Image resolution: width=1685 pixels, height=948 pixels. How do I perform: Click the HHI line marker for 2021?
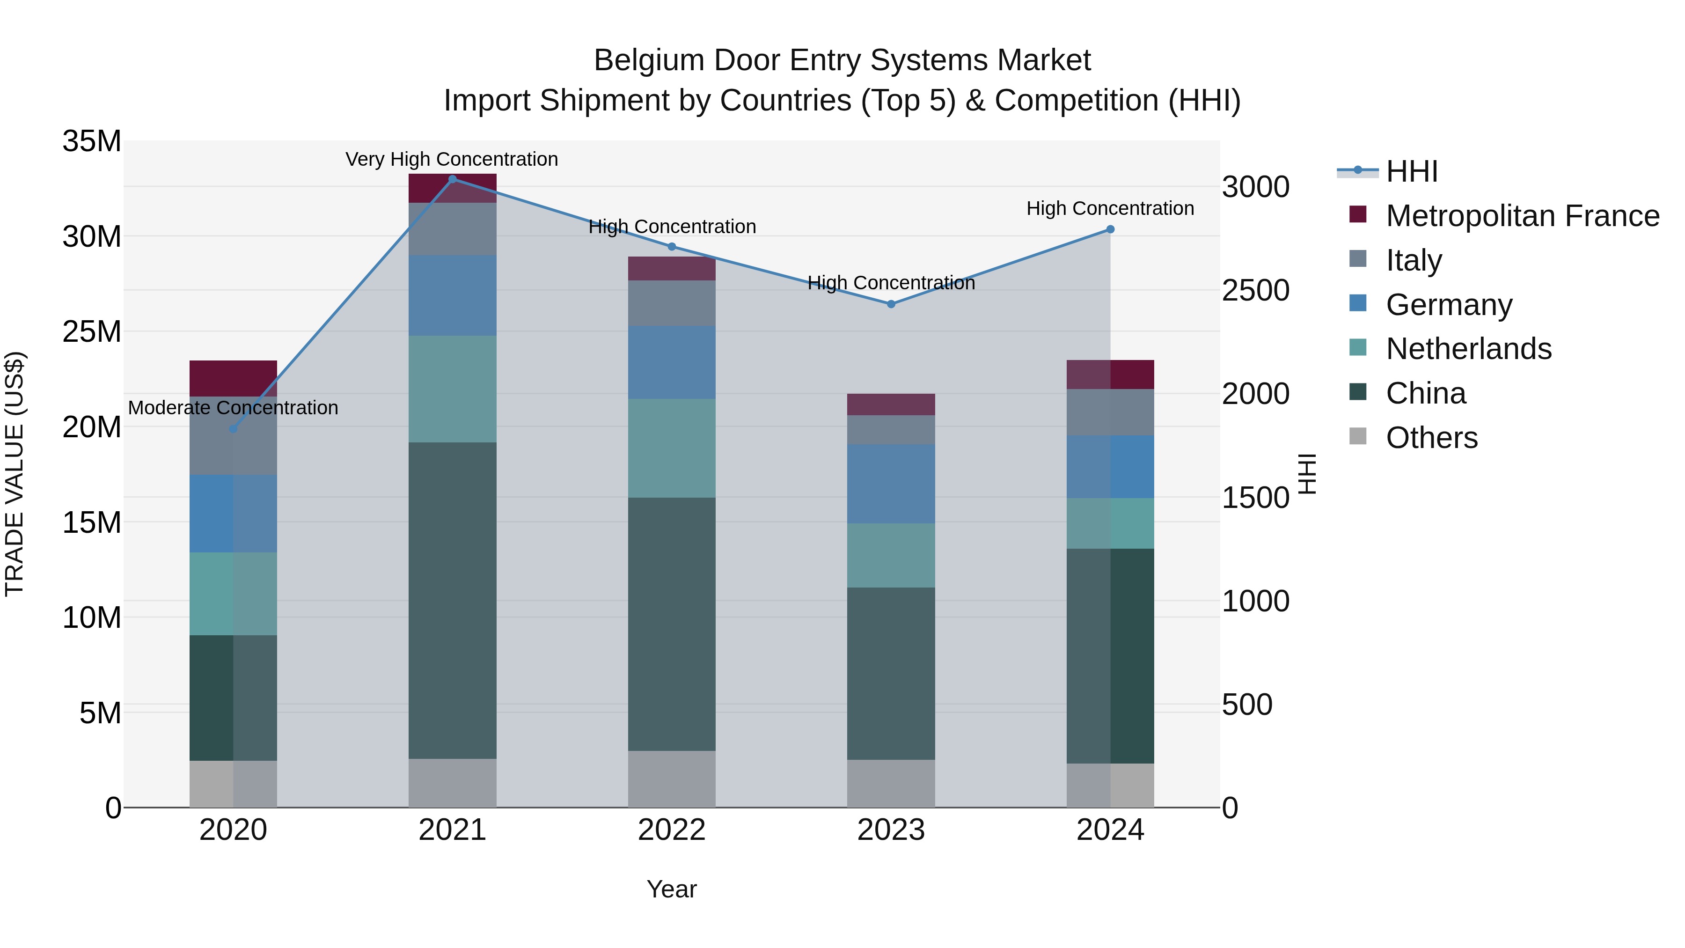(452, 179)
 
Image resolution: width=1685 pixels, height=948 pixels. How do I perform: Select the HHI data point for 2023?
(891, 304)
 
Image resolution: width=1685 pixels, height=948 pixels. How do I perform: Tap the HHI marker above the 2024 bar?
(1110, 230)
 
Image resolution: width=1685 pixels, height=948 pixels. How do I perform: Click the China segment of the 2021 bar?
(452, 600)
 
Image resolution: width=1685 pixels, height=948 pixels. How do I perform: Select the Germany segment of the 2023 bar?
(891, 484)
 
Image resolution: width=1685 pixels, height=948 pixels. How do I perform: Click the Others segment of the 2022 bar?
(672, 779)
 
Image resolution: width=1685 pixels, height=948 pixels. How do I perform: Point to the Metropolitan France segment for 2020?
(233, 378)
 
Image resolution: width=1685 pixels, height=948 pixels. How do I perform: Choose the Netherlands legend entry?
(1468, 349)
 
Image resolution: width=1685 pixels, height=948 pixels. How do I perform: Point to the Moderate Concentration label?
(233, 408)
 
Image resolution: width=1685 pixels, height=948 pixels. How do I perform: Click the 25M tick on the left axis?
(92, 332)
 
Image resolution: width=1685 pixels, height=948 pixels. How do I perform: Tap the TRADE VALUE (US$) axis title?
(15, 474)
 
